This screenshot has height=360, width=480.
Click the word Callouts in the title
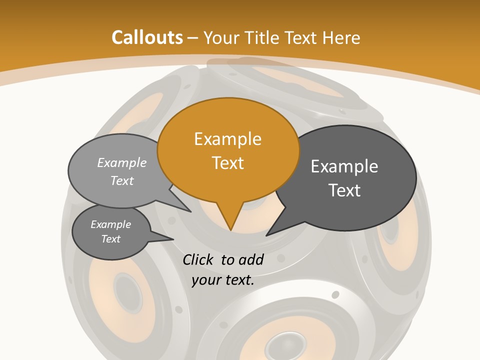147,37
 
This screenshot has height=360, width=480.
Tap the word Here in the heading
341,37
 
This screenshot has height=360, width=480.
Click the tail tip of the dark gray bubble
266,235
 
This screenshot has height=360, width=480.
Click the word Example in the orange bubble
227,139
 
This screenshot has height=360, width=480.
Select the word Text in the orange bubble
227,163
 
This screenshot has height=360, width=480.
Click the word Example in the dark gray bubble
344,166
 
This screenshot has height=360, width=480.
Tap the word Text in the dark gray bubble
344,190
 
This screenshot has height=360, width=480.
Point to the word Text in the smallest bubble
111,239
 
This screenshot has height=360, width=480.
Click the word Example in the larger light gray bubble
122,162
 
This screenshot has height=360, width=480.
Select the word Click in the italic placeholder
198,259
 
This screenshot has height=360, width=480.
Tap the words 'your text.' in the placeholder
223,280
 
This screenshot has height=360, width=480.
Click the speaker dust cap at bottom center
283,346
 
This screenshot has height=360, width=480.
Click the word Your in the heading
222,37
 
